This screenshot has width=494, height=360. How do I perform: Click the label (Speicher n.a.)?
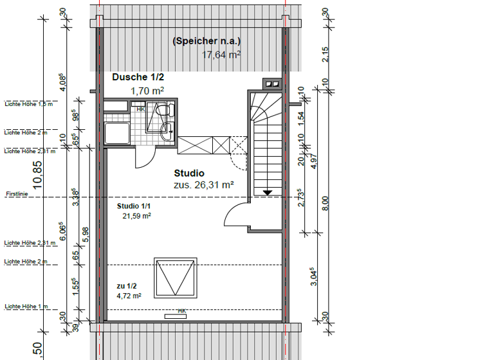click(206, 42)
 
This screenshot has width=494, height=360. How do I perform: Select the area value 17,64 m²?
click(221, 55)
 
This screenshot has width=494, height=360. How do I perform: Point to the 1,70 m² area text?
click(147, 91)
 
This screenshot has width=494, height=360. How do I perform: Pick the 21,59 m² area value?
click(136, 217)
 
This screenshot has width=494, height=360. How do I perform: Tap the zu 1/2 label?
click(127, 285)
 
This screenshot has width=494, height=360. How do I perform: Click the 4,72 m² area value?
click(129, 296)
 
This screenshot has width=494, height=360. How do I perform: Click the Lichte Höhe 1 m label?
click(26, 307)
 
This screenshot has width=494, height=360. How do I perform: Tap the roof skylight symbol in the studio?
click(173, 277)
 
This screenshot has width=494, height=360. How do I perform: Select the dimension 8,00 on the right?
click(325, 203)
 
